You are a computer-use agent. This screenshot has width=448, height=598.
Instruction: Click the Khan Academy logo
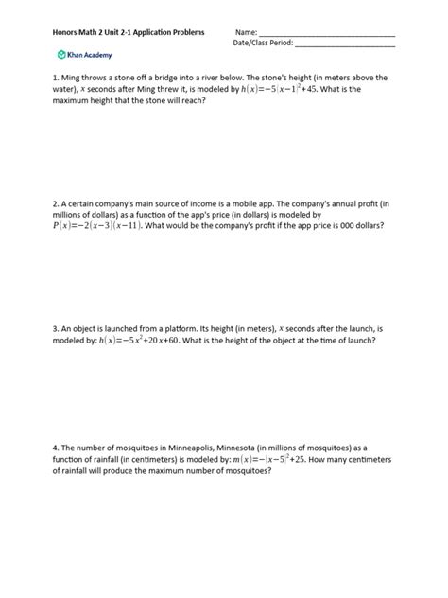[83, 54]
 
